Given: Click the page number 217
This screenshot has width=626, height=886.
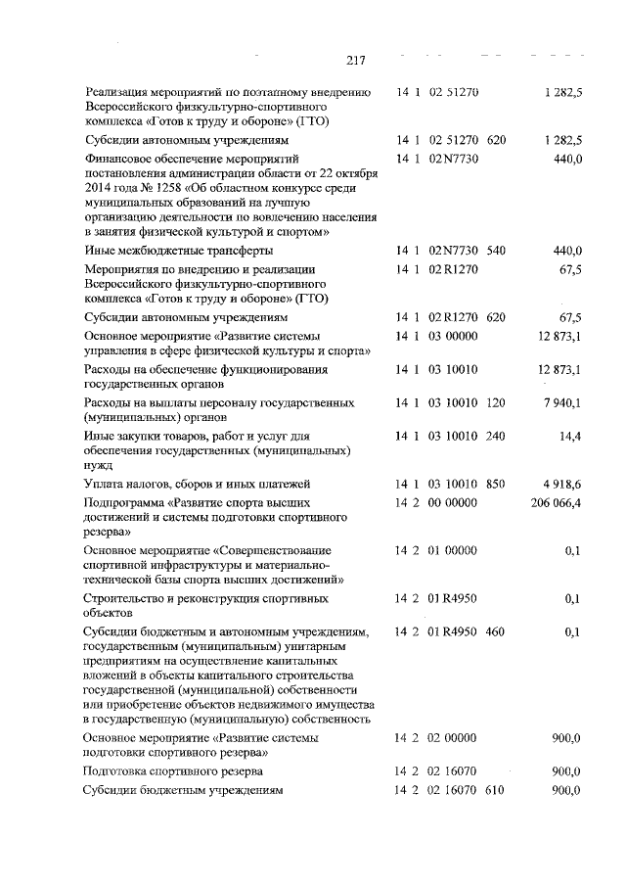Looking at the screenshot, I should pyautogui.click(x=354, y=61).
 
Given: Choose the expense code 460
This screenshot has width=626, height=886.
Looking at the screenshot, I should pyautogui.click(x=495, y=631).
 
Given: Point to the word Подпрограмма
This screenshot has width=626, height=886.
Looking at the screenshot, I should pyautogui.click(x=124, y=502).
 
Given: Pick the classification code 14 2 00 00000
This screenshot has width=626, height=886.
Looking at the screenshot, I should pyautogui.click(x=435, y=502).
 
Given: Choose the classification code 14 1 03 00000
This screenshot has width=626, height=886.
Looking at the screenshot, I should pyautogui.click(x=435, y=336).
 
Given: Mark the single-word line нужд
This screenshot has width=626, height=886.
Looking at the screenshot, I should pyautogui.click(x=98, y=466).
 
